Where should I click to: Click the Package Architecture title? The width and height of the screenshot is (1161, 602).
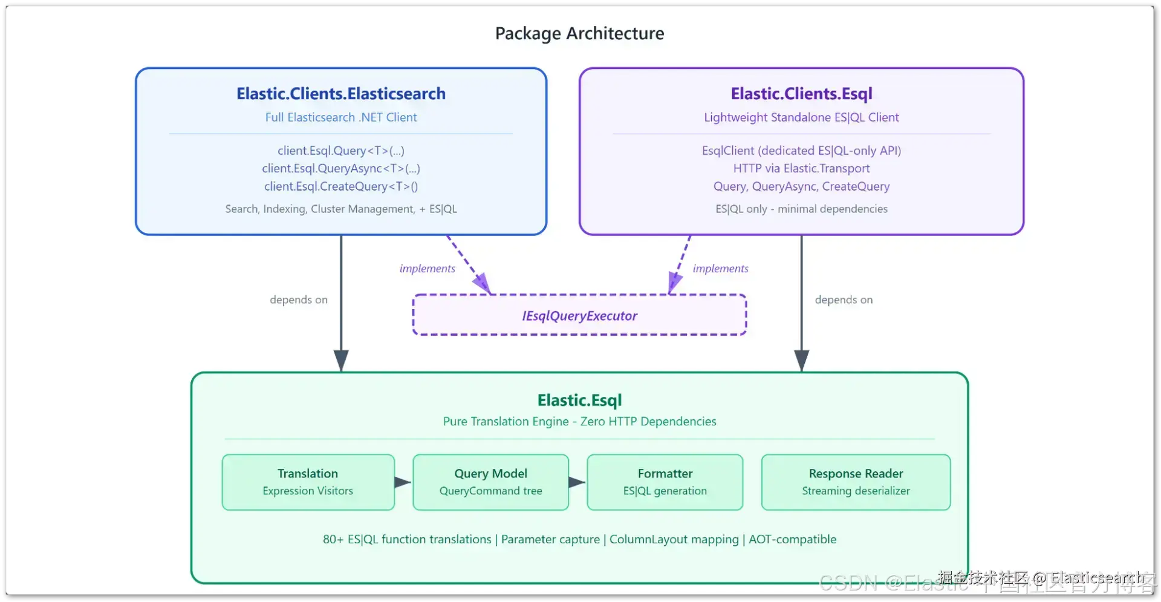click(x=579, y=33)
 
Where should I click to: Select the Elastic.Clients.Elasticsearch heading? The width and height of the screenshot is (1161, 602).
click(x=341, y=94)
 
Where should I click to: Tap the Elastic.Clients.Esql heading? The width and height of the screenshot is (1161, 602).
click(x=801, y=94)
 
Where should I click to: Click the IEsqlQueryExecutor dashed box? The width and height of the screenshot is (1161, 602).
click(x=579, y=315)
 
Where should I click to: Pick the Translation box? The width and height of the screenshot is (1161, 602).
click(x=308, y=482)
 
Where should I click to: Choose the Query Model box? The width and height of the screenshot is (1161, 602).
click(x=490, y=482)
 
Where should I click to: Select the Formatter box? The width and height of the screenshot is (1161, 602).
click(x=665, y=482)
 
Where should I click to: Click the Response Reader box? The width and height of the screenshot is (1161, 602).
click(x=856, y=482)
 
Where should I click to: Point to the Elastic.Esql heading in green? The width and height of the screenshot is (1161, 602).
click(x=579, y=401)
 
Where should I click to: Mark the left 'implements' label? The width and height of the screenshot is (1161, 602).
click(x=427, y=269)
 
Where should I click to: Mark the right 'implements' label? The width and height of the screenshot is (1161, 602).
click(x=720, y=269)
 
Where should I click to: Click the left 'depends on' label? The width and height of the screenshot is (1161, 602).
click(x=299, y=300)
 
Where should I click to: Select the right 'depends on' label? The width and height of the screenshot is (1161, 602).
click(x=844, y=300)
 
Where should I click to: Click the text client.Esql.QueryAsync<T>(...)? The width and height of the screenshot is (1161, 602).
click(x=341, y=169)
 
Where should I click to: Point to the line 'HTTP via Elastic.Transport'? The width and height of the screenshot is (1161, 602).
click(x=801, y=169)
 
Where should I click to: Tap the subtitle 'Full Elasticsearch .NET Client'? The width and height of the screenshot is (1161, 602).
click(x=341, y=117)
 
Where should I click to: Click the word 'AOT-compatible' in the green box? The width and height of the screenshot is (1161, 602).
click(x=792, y=539)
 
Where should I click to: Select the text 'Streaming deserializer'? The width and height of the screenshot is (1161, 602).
click(x=856, y=491)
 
